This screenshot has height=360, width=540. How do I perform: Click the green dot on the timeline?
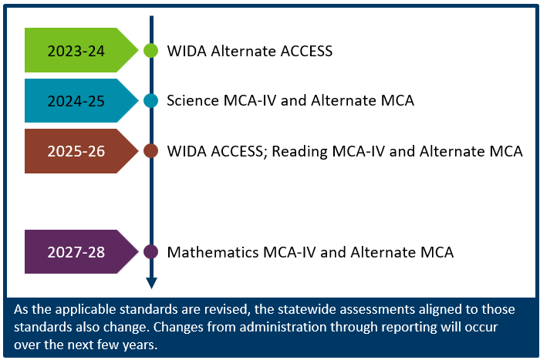[x=151, y=51]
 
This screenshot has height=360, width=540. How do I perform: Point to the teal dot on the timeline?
[x=151, y=101]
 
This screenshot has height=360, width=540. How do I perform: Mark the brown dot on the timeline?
[x=151, y=151]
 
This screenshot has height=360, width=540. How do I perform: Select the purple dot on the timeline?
[x=151, y=252]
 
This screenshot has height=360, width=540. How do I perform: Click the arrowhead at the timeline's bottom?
[x=151, y=283]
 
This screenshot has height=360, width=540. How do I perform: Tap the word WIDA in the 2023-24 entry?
[x=185, y=52]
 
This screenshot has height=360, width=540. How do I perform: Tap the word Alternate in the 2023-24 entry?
[x=242, y=52]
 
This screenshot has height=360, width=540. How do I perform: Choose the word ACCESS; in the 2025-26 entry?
[x=238, y=151]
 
